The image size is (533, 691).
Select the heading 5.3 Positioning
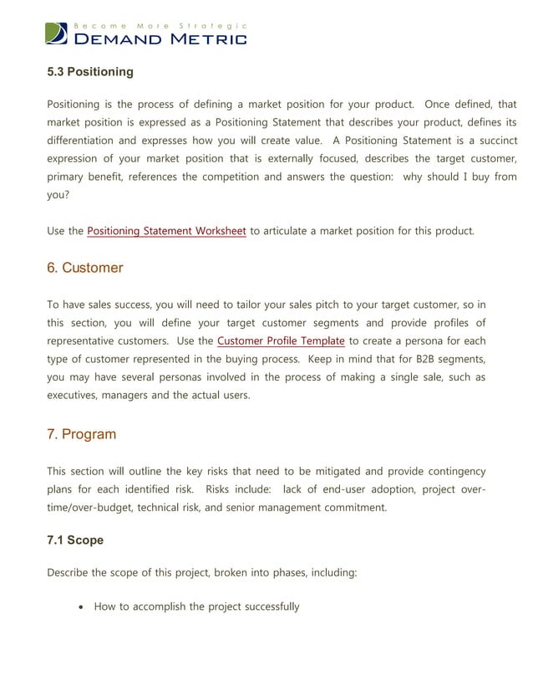tap(89, 72)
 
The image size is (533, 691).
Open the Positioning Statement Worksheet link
tap(166, 231)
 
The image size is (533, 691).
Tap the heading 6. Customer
tap(84, 268)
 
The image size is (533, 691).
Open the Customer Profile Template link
tap(281, 340)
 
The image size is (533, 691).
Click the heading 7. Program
tap(81, 434)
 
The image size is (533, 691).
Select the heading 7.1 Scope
tap(75, 540)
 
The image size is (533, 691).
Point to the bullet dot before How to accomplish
tap(80, 607)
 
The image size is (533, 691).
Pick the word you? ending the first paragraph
tap(58, 194)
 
